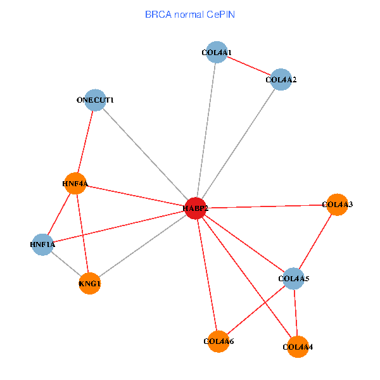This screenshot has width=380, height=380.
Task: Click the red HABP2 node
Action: point(195,208)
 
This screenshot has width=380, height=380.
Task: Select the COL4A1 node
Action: point(217,53)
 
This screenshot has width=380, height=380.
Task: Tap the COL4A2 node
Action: point(281,79)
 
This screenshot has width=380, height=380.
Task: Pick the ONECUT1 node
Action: point(95,100)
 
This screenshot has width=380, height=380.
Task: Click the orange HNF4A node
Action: point(75,184)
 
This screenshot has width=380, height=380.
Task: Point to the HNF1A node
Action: point(43,244)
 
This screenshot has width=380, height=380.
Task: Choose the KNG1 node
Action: point(90,284)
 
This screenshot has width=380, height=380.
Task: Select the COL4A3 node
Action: point(337,205)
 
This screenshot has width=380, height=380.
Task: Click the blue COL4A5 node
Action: point(293,278)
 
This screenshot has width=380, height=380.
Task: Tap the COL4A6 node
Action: point(218,341)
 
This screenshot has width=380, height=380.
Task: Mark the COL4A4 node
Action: point(298,346)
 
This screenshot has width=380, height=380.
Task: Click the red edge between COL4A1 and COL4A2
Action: point(249,66)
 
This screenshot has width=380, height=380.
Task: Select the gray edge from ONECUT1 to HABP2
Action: point(145,154)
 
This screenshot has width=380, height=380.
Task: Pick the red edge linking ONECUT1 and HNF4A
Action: point(85,142)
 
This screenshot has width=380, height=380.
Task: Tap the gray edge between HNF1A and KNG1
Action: point(66,264)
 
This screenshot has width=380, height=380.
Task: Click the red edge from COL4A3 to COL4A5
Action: point(315,241)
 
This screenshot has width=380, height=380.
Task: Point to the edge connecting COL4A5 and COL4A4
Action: point(295,312)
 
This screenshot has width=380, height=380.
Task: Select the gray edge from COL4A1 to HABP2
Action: point(206,130)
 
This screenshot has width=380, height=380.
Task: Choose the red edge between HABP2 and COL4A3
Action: point(266,206)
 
